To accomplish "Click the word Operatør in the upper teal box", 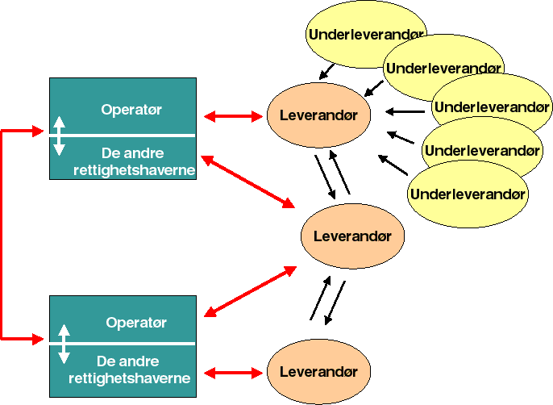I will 132,110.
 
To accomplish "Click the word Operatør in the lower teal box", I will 136,323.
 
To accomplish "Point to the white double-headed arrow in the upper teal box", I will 58,135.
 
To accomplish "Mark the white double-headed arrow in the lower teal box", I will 64,344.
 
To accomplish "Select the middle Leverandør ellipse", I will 351,236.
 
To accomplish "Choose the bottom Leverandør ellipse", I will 318,371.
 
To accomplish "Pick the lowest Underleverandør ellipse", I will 468,194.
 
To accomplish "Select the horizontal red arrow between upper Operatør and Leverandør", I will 235,117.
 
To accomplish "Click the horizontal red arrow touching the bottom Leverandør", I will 235,373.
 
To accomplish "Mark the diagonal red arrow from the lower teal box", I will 251,291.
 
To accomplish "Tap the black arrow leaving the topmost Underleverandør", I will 327,72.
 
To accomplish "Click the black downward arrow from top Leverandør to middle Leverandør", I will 325,175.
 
